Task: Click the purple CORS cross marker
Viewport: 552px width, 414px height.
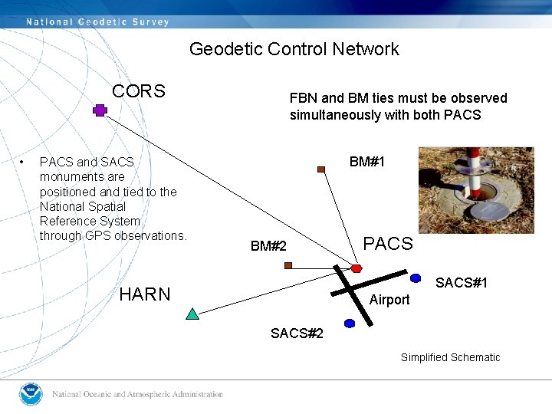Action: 100,110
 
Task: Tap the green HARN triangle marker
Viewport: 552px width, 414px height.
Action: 192,313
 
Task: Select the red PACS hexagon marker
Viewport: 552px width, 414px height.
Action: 356,268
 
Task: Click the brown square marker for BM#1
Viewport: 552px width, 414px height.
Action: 322,170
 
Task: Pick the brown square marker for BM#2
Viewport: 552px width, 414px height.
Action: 288,265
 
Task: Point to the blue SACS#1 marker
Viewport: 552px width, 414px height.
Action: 416,278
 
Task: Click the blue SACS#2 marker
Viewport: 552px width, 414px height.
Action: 350,324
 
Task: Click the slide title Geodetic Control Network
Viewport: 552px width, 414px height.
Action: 294,49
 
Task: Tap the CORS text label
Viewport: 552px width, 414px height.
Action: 138,91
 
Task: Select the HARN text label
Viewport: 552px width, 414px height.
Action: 145,294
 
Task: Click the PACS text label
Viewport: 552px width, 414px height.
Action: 387,244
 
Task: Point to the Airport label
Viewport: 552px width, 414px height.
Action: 389,300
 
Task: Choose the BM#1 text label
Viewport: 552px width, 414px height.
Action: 367,162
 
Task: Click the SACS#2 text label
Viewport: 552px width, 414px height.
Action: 297,333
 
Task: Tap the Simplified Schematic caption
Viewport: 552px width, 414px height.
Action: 450,357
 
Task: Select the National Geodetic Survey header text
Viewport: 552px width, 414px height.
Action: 97,21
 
